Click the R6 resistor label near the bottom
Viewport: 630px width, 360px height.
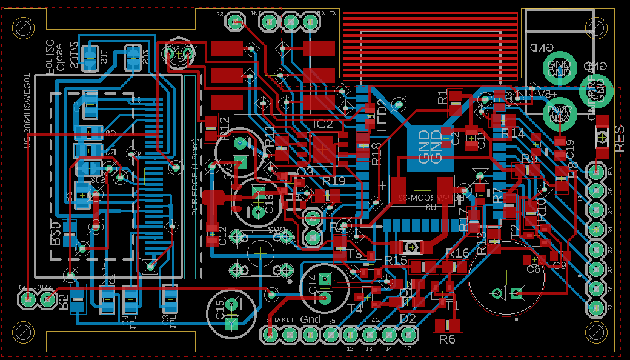(x=446, y=340)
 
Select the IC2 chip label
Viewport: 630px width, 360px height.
(x=323, y=124)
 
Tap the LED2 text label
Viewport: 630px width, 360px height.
(x=382, y=112)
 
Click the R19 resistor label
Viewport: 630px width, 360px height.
(x=333, y=181)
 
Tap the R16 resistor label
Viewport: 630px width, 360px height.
(x=457, y=253)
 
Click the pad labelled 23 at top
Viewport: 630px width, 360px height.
(x=234, y=23)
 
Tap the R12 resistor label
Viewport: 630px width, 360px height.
(x=225, y=129)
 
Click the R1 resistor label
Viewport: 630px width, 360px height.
(x=442, y=96)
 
